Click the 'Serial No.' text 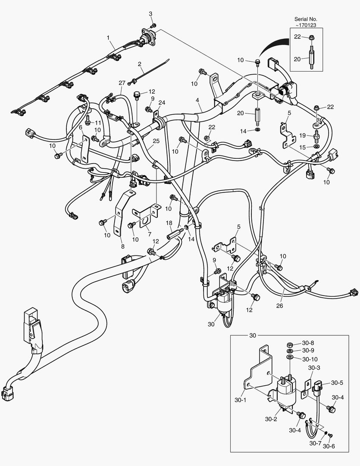pyautogui.click(x=305, y=19)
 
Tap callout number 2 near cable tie pyautogui.click(x=140, y=64)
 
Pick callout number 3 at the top pyautogui.click(x=151, y=14)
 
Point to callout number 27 pyautogui.click(x=122, y=83)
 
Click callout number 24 pyautogui.click(x=162, y=103)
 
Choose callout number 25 pyautogui.click(x=156, y=141)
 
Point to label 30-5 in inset pyautogui.click(x=337, y=383)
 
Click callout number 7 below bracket pyautogui.click(x=149, y=233)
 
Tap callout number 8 pyautogui.click(x=122, y=246)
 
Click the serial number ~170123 pyautogui.click(x=305, y=25)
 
